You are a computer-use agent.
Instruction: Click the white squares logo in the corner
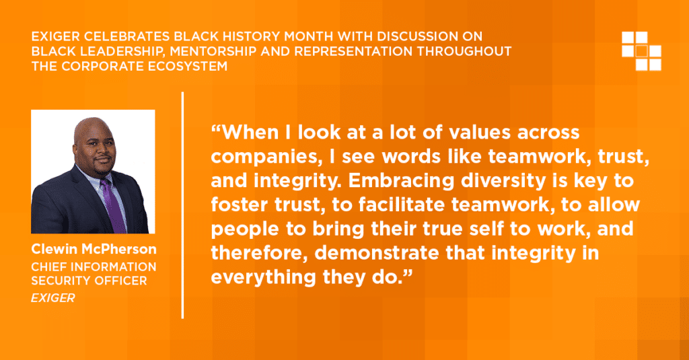click(x=641, y=51)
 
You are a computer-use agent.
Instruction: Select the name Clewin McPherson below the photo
click(x=94, y=249)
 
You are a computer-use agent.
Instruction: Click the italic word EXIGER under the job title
click(x=52, y=298)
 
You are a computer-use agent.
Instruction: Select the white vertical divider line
click(x=182, y=205)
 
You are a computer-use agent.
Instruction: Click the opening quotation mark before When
click(x=216, y=128)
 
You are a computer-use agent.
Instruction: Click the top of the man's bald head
click(x=93, y=118)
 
